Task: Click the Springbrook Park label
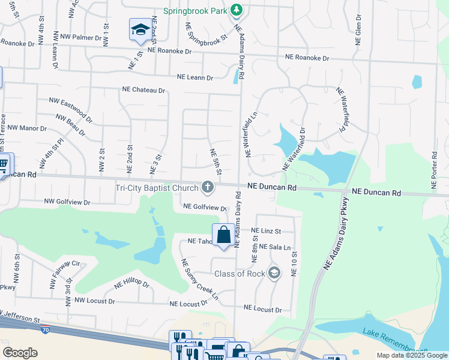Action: [196, 11]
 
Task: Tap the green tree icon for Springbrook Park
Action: [237, 10]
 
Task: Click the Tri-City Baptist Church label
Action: [157, 188]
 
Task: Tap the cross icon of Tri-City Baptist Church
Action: [208, 188]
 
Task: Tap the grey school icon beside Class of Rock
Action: [274, 274]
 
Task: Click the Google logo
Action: [20, 352]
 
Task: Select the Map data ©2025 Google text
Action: [411, 355]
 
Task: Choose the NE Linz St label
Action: [265, 231]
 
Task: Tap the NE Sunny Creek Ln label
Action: [200, 280]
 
